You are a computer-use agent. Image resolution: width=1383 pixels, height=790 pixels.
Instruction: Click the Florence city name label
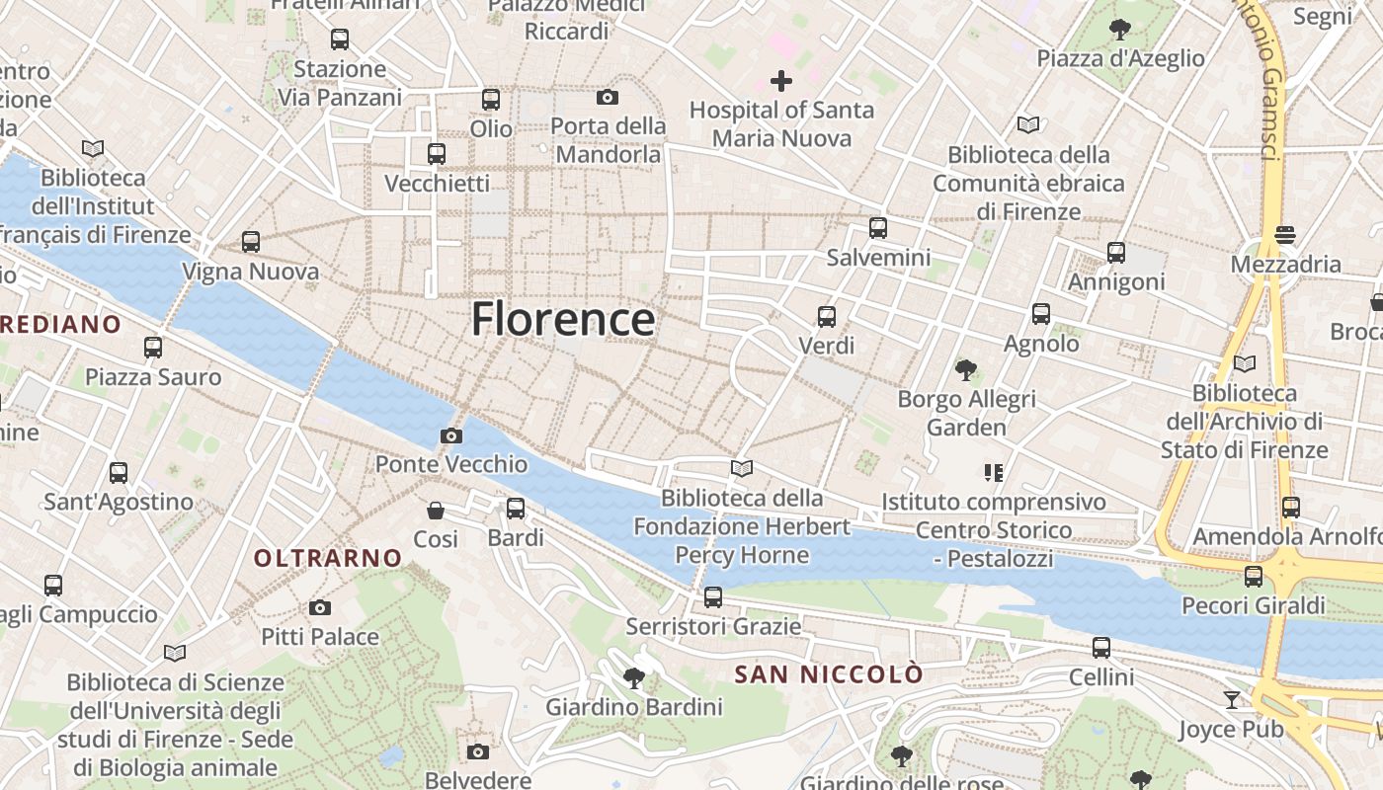562,319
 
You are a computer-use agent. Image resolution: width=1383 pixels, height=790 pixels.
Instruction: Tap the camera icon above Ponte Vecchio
450,435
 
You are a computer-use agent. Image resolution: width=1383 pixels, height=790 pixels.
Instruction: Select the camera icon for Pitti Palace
319,607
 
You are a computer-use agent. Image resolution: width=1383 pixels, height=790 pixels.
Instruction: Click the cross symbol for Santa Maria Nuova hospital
781,80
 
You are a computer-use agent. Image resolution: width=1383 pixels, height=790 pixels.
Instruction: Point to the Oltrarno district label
328,558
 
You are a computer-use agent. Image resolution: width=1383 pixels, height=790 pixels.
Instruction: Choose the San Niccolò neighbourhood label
829,674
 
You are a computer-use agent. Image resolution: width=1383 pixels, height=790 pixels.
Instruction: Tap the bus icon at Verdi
826,317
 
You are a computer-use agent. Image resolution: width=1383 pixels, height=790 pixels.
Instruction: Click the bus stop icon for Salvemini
877,228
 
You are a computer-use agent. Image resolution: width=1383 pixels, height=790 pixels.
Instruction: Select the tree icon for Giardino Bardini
633,677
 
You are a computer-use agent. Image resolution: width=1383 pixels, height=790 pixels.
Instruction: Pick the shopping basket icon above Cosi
435,510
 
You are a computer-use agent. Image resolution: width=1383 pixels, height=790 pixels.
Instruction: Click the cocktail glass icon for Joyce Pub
1231,700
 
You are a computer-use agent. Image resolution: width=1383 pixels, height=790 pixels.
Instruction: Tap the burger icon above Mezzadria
1284,235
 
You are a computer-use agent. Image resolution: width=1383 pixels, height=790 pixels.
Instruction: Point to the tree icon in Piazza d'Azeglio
1119,29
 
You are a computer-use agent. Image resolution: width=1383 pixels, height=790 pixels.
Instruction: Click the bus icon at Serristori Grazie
712,596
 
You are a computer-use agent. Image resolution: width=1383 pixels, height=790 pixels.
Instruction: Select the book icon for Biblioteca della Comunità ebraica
1027,125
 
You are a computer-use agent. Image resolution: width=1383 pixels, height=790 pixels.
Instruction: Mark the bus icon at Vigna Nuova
250,242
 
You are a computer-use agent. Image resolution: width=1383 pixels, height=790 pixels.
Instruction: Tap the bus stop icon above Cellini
1100,648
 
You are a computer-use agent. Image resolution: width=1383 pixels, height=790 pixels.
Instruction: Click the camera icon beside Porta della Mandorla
607,97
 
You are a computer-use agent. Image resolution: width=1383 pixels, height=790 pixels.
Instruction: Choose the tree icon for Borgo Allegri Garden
965,370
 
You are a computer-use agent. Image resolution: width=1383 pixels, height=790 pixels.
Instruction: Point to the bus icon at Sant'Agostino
119,472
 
